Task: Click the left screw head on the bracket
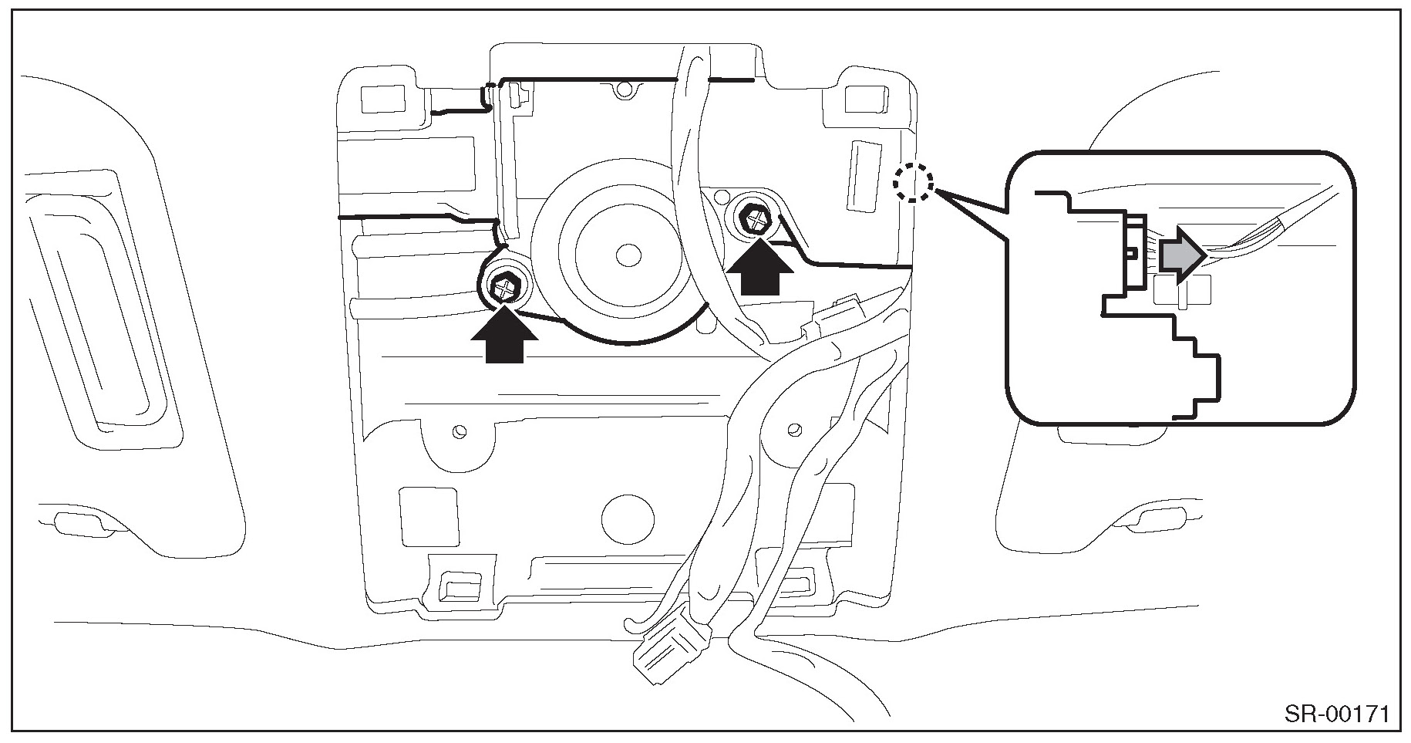pos(505,289)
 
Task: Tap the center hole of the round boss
pos(628,253)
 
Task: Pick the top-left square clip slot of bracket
pos(381,97)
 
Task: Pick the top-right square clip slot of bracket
pos(864,99)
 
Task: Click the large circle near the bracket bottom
pos(627,515)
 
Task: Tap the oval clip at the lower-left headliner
pos(79,523)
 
